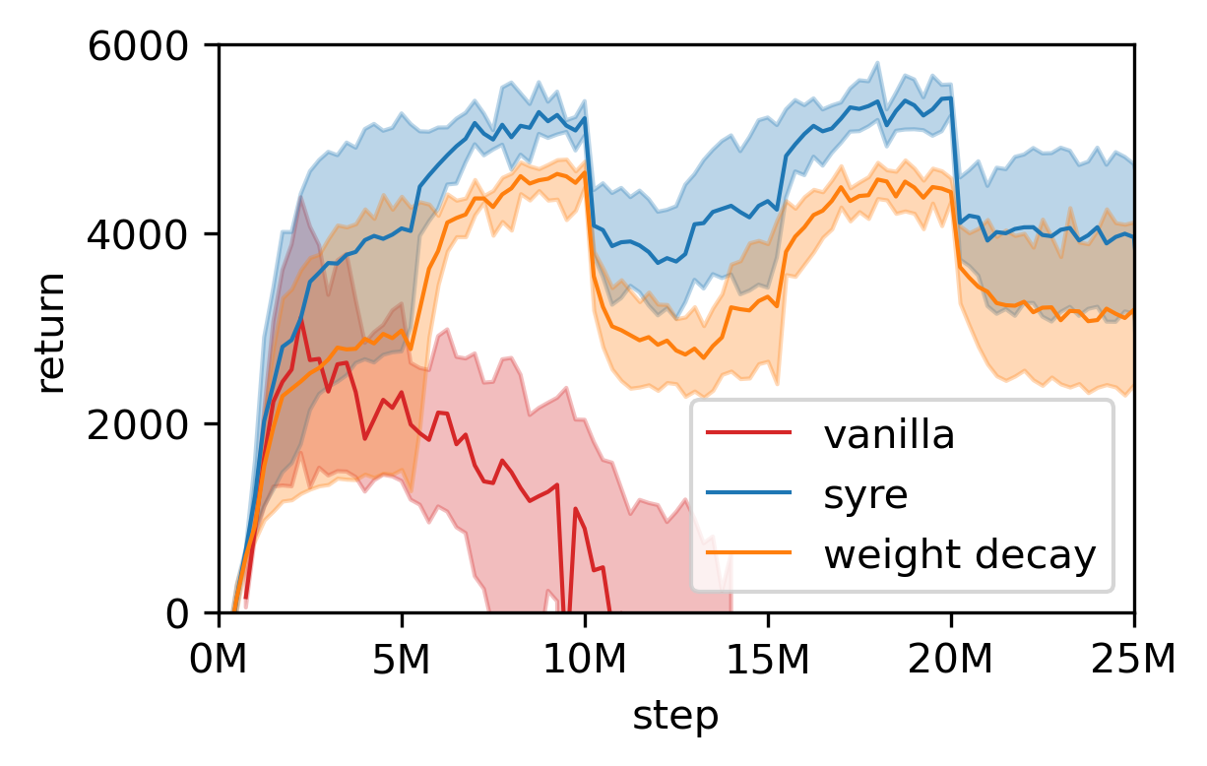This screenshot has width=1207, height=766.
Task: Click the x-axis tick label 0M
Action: click(x=219, y=658)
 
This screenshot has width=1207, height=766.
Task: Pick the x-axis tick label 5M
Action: click(x=402, y=658)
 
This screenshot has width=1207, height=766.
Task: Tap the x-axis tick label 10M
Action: click(x=585, y=658)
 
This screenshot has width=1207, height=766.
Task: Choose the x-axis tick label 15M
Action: click(x=768, y=658)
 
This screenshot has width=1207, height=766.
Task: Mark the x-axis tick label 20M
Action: click(x=951, y=658)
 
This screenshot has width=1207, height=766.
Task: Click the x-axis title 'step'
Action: click(x=675, y=716)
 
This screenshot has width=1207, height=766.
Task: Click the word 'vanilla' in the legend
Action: click(x=889, y=434)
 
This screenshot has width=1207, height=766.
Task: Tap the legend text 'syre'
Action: click(x=865, y=495)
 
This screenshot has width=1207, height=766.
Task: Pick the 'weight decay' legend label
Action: click(x=959, y=556)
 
